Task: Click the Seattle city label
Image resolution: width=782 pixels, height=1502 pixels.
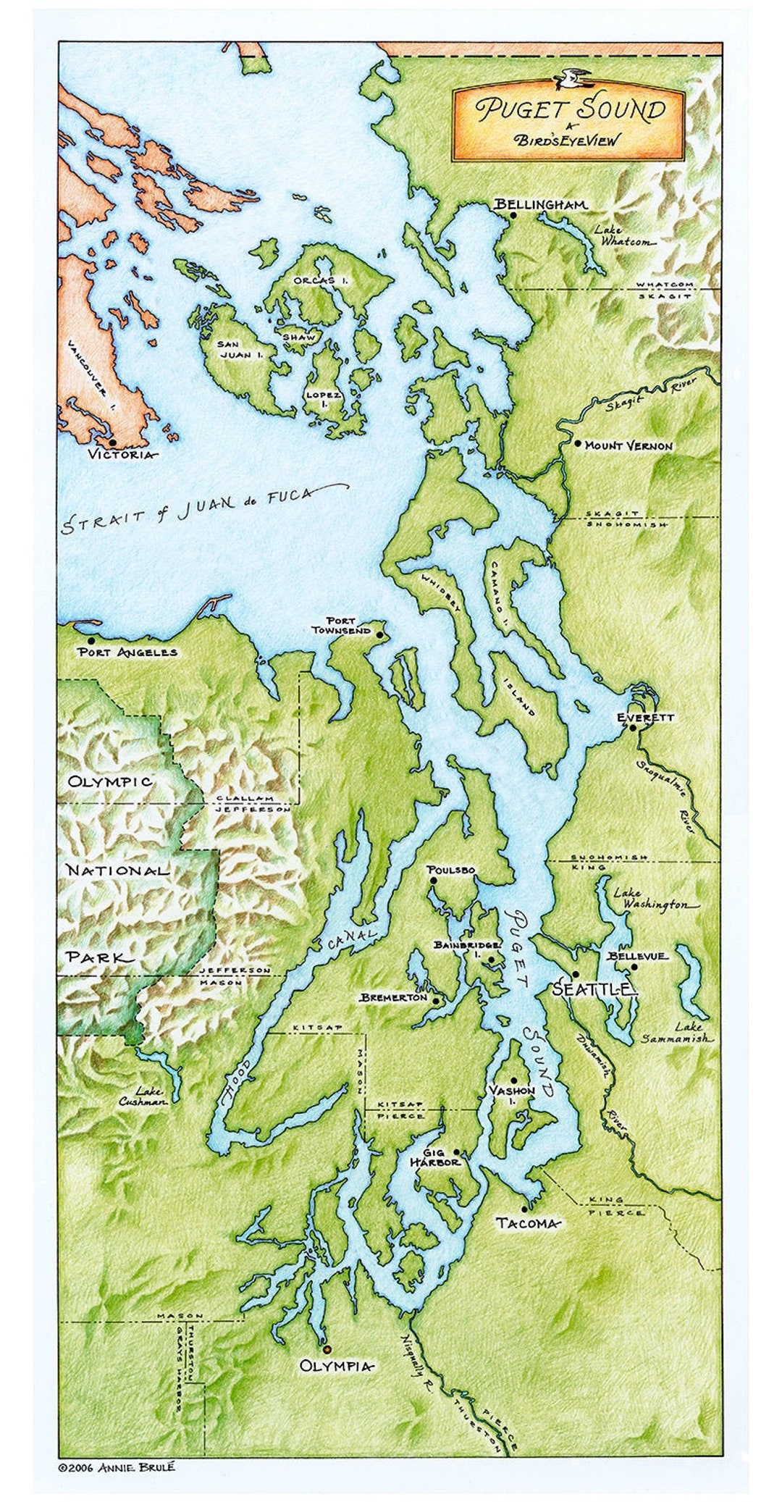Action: click(x=594, y=990)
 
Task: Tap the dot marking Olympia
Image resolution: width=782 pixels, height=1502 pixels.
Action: click(x=326, y=1349)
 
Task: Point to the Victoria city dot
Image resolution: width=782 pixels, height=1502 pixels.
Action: click(x=112, y=442)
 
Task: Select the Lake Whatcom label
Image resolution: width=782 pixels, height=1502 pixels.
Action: click(x=623, y=236)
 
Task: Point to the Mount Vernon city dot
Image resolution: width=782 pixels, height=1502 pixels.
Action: click(x=577, y=443)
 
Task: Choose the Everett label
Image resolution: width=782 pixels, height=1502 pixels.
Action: click(x=645, y=717)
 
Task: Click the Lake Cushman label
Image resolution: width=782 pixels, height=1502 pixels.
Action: click(x=143, y=1096)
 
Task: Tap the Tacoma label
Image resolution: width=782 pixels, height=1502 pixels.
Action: click(x=528, y=1223)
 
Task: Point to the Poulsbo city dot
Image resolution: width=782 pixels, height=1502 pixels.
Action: click(x=432, y=881)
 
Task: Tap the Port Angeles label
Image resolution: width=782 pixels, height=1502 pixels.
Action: click(x=127, y=652)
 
